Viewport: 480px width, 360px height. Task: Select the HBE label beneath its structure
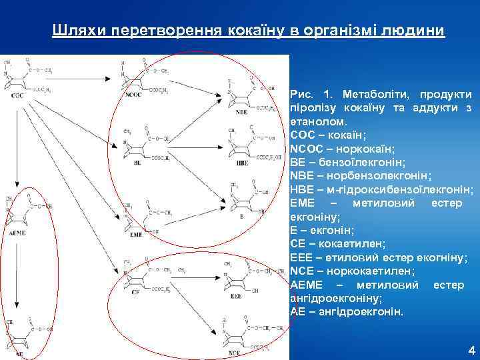(241, 163)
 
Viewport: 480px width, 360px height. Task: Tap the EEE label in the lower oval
(236, 295)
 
